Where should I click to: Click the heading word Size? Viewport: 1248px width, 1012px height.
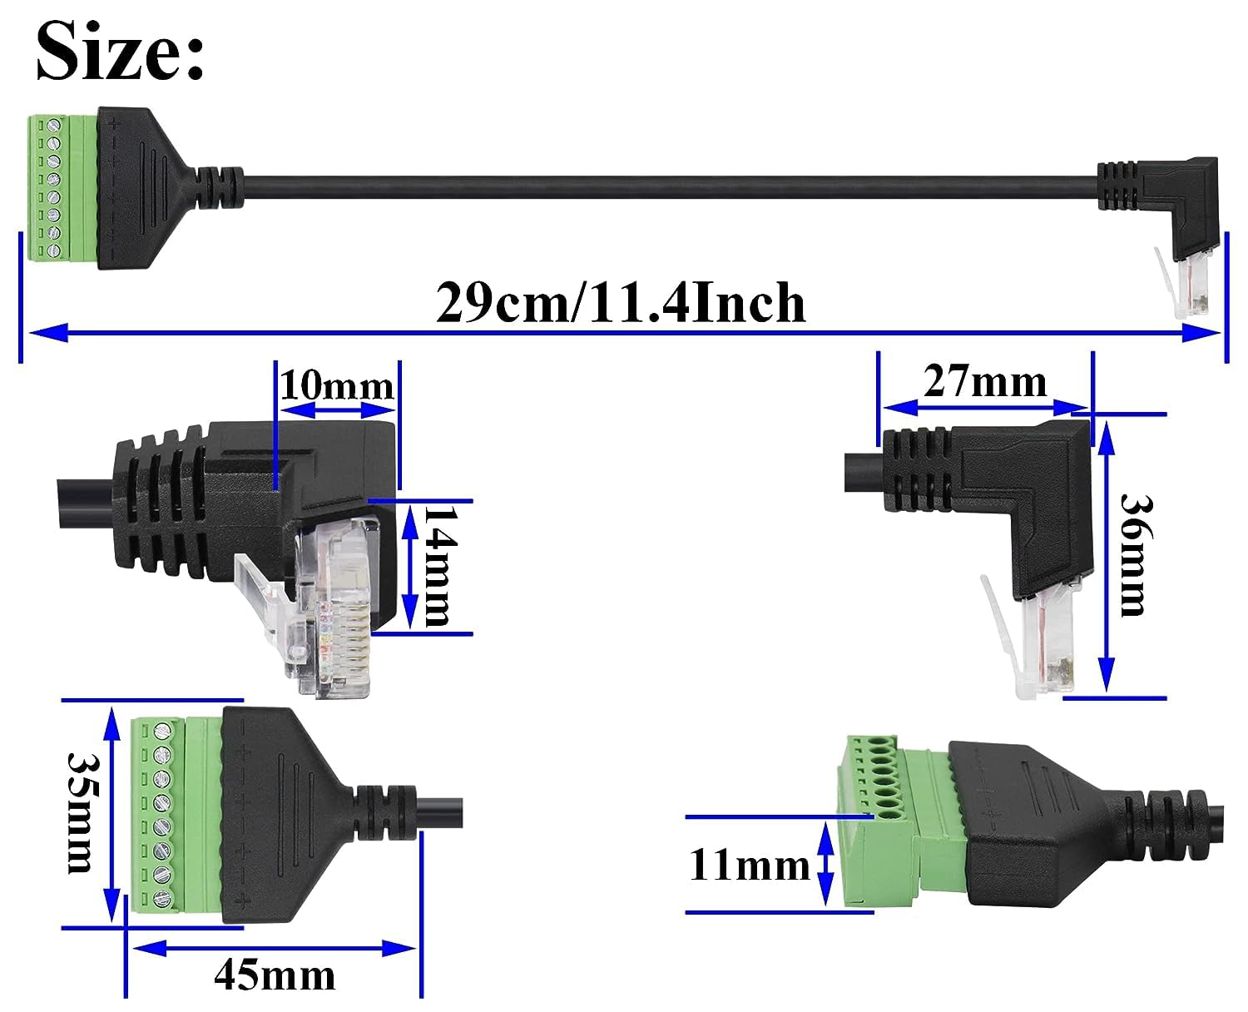coord(120,51)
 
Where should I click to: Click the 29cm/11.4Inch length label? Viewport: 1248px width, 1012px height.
coord(621,302)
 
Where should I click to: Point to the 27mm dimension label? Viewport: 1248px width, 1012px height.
coord(985,382)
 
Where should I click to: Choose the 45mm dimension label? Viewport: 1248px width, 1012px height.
coord(275,974)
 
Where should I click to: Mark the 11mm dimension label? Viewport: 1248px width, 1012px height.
coord(749,865)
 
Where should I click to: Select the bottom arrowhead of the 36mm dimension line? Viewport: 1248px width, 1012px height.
coord(1107,674)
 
